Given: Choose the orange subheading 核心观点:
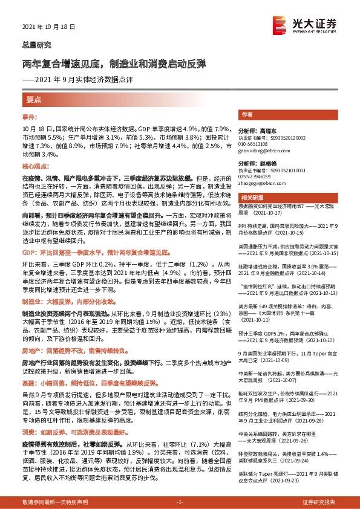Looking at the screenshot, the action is coord(34,165).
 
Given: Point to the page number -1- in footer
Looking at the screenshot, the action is coord(180,502).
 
